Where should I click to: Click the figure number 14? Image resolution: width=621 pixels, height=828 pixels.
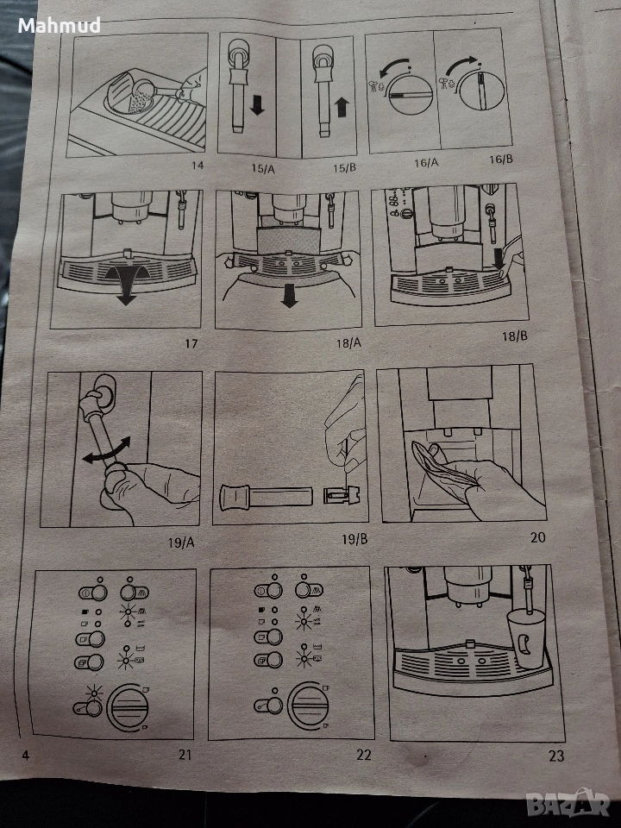click(198, 166)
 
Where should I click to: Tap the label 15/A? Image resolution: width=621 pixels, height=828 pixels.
click(263, 168)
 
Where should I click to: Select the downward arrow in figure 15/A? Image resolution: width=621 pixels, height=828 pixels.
click(257, 104)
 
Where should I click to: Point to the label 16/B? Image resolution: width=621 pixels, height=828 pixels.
click(500, 159)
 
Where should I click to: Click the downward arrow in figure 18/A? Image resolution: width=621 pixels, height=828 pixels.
click(289, 296)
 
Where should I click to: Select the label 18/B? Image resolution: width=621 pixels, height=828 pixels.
click(514, 336)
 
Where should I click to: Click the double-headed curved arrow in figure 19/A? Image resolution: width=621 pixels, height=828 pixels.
click(106, 450)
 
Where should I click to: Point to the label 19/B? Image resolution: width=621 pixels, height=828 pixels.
click(354, 539)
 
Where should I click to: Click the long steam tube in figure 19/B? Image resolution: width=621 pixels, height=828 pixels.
click(267, 498)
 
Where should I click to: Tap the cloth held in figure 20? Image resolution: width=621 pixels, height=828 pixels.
click(439, 466)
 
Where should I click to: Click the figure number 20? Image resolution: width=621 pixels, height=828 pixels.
click(537, 537)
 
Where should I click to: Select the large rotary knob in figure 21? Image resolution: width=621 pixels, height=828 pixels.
click(128, 707)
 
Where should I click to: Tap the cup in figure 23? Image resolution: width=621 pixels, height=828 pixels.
click(526, 639)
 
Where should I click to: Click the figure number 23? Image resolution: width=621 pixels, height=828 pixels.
click(556, 756)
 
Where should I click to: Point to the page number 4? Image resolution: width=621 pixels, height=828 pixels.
click(25, 756)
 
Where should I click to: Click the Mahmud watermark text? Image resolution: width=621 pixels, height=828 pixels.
click(60, 25)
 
